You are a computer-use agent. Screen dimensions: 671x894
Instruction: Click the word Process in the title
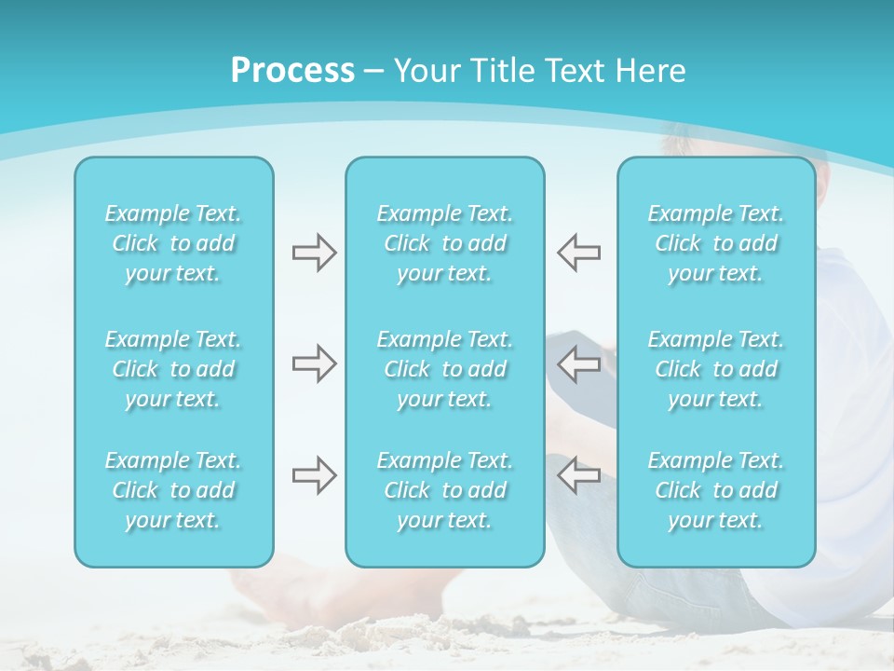coord(292,71)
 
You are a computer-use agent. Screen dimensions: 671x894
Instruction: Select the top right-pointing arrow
coord(314,252)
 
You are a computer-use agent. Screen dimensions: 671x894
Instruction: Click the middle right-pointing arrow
coord(314,363)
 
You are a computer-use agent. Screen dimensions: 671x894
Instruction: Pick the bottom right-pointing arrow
coord(314,474)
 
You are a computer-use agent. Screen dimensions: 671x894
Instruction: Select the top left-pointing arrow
coord(578,252)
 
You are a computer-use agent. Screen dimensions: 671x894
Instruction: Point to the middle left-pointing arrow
coord(578,363)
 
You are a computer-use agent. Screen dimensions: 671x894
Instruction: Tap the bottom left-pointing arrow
coord(578,474)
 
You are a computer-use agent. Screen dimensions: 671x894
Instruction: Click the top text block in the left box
coord(173,243)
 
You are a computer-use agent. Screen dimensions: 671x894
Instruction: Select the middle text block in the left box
coord(173,369)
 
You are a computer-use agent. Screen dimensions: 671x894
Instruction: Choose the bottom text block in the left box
coord(173,490)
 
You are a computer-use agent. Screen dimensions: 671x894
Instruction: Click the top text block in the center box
coord(445,243)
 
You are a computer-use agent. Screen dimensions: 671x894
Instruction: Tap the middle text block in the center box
coord(445,369)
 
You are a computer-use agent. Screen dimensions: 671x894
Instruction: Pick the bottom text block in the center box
coord(445,490)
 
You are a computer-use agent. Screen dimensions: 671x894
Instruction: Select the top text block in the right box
coord(716,243)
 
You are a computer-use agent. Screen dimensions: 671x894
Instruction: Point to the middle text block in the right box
coord(716,369)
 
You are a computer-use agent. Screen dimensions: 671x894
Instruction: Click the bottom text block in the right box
coord(716,490)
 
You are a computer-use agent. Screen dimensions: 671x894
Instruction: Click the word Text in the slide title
coord(574,71)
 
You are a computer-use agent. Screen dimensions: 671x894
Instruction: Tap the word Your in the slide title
coord(424,71)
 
